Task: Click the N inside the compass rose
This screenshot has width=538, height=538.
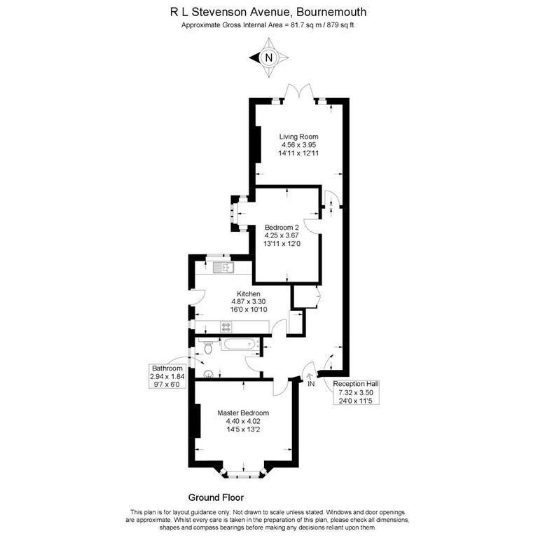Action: (269, 57)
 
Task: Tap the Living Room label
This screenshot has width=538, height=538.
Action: (298, 137)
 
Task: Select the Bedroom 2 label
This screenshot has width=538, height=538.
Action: (282, 228)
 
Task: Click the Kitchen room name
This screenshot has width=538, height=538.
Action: (249, 294)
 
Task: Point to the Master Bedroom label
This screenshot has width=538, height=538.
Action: (243, 413)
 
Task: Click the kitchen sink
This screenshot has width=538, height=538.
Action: (223, 268)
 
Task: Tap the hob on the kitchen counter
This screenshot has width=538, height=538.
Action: (226, 326)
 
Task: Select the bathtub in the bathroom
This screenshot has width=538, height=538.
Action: (240, 344)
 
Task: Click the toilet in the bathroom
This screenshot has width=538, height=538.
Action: (208, 347)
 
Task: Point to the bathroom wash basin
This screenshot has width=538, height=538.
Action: (208, 374)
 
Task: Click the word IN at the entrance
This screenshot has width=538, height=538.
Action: (311, 384)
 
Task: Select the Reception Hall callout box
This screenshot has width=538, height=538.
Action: (356, 392)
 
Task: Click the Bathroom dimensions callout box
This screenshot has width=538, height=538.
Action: (167, 376)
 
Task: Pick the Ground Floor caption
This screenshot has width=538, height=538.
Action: (216, 497)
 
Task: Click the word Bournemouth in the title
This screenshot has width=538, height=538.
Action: (331, 12)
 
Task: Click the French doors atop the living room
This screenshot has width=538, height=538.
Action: (299, 92)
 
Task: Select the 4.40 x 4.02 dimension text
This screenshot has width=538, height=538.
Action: (243, 421)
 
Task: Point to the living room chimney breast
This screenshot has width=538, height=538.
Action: (258, 144)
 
